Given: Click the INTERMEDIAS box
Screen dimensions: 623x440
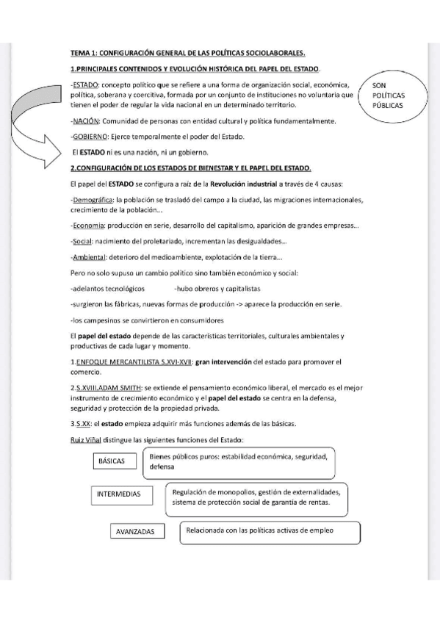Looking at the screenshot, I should pos(119,494).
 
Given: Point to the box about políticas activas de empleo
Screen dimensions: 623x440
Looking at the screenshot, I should pos(269,531).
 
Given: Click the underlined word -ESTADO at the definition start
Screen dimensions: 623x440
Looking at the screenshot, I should pos(85,85).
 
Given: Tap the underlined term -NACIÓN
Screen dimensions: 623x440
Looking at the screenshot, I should pos(85,121).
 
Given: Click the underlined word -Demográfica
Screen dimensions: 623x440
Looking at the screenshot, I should pos(93,199).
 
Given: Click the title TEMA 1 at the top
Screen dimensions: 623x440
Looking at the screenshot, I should pos(187,54).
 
